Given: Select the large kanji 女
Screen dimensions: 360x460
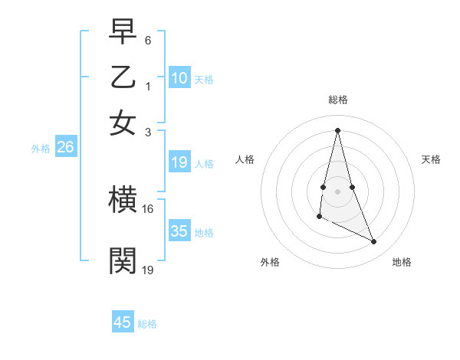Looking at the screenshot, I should pyautogui.click(x=123, y=123).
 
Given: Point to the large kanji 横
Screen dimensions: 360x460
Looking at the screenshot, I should pyautogui.click(x=123, y=201).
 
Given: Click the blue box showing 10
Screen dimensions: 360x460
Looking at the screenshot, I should pyautogui.click(x=179, y=78).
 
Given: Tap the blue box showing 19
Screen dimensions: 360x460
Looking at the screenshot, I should pyautogui.click(x=179, y=162).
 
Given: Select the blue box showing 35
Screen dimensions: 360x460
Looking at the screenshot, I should pyautogui.click(x=179, y=231).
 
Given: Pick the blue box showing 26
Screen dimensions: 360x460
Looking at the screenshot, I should pyautogui.click(x=65, y=148).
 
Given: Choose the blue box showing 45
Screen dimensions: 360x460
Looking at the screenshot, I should pyautogui.click(x=123, y=322).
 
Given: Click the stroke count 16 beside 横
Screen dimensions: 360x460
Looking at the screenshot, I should pyautogui.click(x=147, y=208).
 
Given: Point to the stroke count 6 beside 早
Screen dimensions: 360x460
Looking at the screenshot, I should pyautogui.click(x=148, y=38).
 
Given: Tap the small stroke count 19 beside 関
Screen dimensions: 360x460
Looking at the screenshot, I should pyautogui.click(x=147, y=269).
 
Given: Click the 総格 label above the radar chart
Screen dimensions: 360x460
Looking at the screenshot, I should pyautogui.click(x=338, y=100).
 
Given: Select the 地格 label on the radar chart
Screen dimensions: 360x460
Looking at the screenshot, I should pyautogui.click(x=402, y=262).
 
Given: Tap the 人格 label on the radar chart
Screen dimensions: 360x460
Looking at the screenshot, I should pyautogui.click(x=245, y=159).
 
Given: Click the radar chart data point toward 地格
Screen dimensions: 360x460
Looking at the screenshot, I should pyautogui.click(x=374, y=242).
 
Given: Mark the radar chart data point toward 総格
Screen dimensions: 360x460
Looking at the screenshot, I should pyautogui.click(x=338, y=129).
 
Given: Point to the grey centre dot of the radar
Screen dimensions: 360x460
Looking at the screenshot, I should pyautogui.click(x=338, y=190).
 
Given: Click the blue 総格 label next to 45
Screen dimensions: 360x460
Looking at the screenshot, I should pyautogui.click(x=147, y=324).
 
